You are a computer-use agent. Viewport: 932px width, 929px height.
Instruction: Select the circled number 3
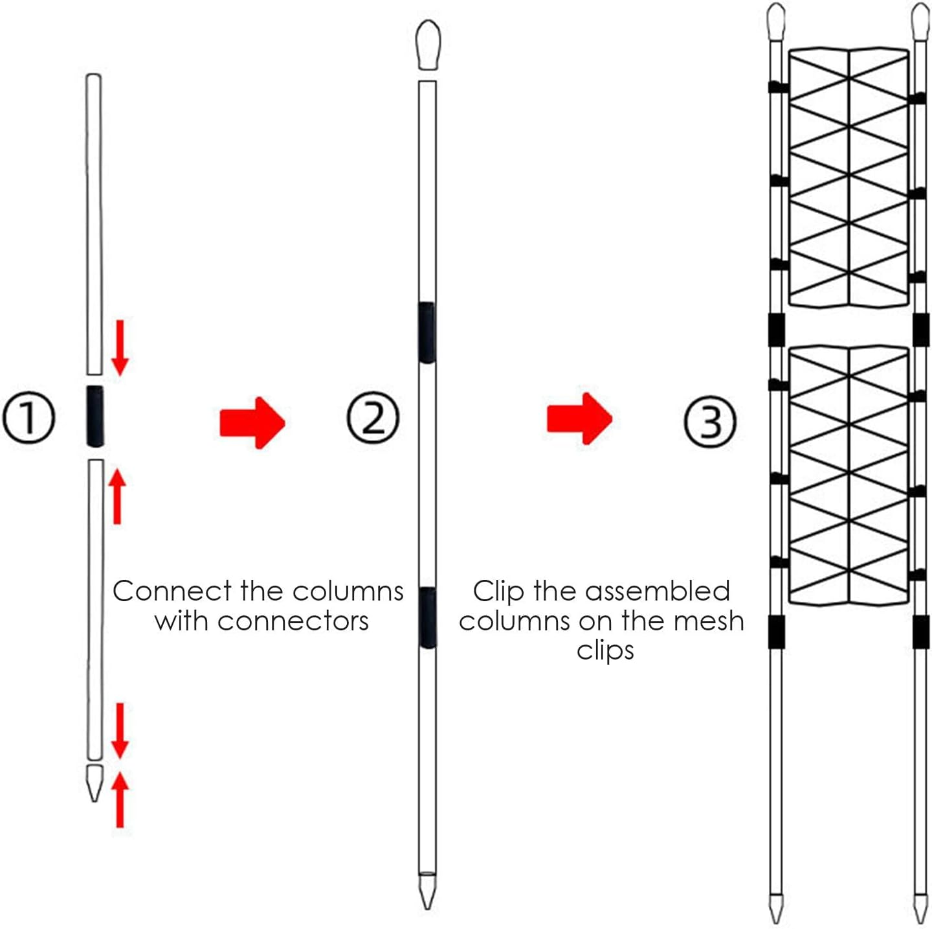tap(710, 421)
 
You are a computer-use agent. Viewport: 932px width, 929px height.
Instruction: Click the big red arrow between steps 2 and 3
tap(579, 419)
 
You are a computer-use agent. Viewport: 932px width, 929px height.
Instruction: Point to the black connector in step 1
tap(94, 416)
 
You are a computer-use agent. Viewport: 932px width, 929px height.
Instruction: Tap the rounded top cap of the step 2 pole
tap(428, 44)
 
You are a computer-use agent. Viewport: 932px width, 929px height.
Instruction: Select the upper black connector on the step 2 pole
tap(427, 332)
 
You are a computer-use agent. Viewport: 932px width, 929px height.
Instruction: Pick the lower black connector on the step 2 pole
tap(427, 617)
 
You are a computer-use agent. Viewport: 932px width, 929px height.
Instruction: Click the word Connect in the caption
tap(172, 591)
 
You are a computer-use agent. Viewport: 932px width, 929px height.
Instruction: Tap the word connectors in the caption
tap(293, 621)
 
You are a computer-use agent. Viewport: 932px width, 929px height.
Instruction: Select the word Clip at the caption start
tap(498, 591)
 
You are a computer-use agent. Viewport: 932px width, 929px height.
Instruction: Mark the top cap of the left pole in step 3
tap(775, 22)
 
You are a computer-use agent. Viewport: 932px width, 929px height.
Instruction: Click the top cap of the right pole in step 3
tap(920, 22)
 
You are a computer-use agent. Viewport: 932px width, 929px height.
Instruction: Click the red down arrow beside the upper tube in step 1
tap(120, 347)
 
